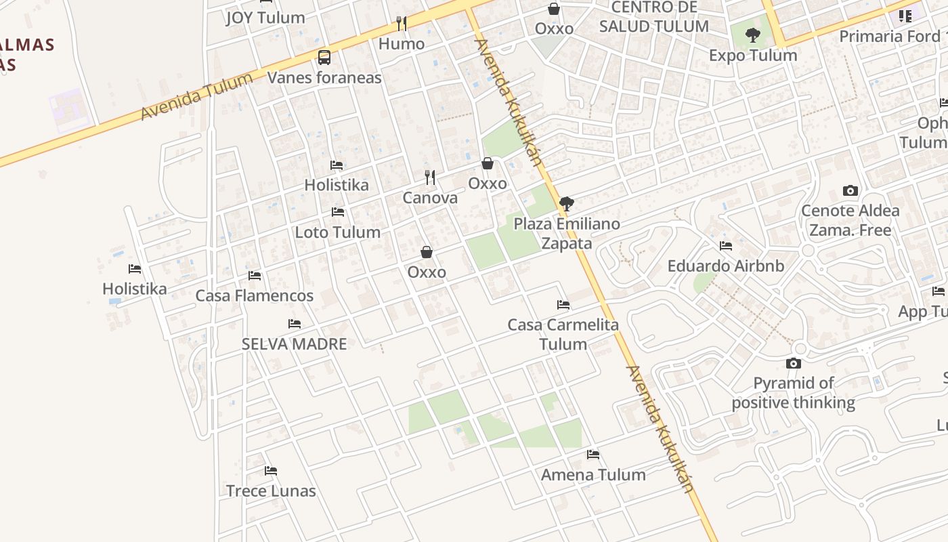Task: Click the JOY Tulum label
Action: pos(265,18)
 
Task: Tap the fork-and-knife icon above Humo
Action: pos(402,24)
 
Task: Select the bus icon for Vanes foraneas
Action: pos(324,57)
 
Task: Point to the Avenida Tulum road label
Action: pos(196,96)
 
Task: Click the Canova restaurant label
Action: pos(430,198)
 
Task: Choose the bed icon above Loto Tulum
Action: pos(338,212)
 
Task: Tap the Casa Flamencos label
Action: pos(255,295)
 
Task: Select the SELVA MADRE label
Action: pos(295,343)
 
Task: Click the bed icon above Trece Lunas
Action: pos(271,470)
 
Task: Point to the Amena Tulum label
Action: pos(593,474)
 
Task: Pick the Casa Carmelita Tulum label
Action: pos(563,334)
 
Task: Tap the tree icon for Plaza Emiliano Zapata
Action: pos(567,203)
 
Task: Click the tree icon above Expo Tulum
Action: pos(752,35)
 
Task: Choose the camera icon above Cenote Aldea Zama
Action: pos(850,190)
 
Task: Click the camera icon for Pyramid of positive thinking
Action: pos(794,363)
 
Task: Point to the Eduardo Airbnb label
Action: pos(726,266)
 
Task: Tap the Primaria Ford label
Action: pos(890,36)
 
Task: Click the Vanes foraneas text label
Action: pos(324,77)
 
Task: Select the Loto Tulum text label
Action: pos(338,232)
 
